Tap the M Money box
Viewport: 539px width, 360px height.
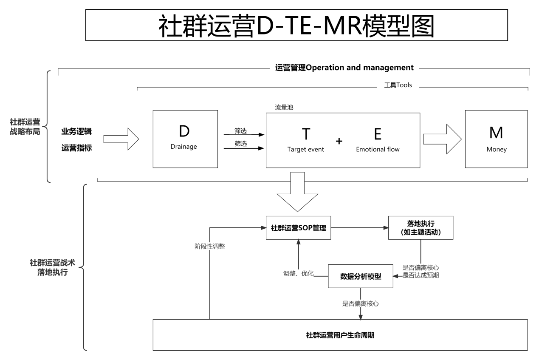pyautogui.click(x=496, y=139)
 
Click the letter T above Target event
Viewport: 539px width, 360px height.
pyautogui.click(x=306, y=134)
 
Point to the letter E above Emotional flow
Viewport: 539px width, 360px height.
pyautogui.click(x=378, y=134)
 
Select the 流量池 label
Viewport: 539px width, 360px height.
pyautogui.click(x=284, y=108)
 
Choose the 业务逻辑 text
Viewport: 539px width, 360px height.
pyautogui.click(x=76, y=131)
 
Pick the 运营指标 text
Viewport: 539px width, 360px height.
pyautogui.click(x=76, y=148)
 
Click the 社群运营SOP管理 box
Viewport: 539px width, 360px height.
pyautogui.click(x=298, y=228)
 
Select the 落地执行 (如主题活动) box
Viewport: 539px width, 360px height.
pyautogui.click(x=420, y=228)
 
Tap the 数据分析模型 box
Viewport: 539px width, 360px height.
pyautogui.click(x=361, y=277)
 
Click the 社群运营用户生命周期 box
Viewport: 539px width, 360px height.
pyautogui.click(x=340, y=335)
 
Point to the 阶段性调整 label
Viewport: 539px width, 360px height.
pyautogui.click(x=207, y=246)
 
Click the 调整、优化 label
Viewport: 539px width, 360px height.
pyautogui.click(x=298, y=273)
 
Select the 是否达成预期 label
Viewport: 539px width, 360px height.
pyautogui.click(x=420, y=275)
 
